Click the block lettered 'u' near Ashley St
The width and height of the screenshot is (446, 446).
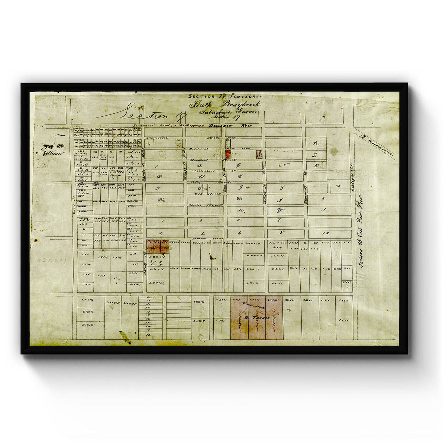pos(338,186)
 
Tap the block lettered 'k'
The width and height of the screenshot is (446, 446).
pos(316,143)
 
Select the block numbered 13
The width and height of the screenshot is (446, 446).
pos(323,210)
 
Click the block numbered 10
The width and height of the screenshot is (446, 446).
pos(326,233)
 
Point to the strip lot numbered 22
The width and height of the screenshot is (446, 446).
pos(149,298)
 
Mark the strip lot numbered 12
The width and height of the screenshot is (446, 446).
pos(149,335)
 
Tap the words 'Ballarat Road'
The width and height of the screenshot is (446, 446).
pos(231,126)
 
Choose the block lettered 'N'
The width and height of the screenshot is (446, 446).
pos(285,165)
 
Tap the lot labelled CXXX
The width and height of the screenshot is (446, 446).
pos(87,311)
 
